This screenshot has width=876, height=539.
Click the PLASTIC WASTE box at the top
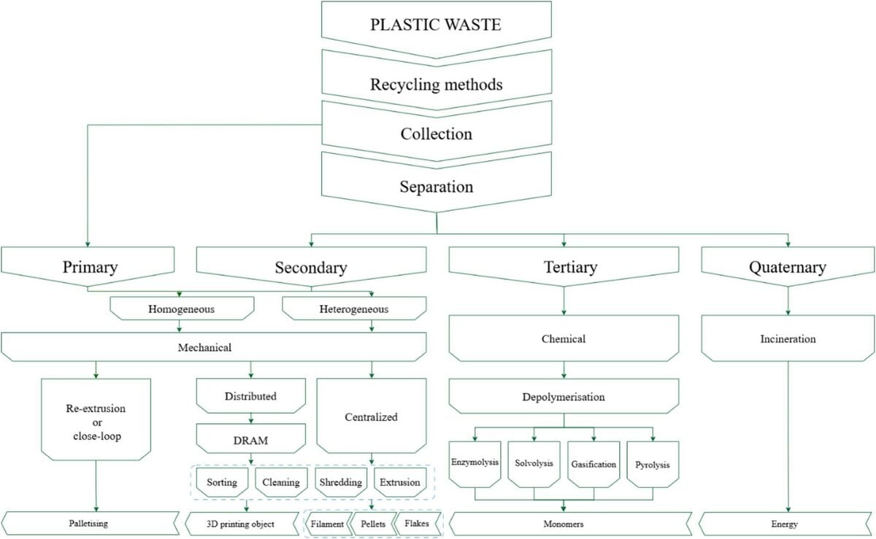[437, 24]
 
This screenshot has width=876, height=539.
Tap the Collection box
[437, 133]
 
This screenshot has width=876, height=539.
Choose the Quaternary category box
[787, 267]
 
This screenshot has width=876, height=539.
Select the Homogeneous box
[182, 309]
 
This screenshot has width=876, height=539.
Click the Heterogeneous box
[354, 309]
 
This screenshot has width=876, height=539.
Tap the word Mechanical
[204, 347]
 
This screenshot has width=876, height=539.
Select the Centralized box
[371, 417]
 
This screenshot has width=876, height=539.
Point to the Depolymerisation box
[564, 398]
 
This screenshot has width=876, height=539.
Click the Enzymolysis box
[474, 463]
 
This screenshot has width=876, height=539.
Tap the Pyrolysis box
[653, 463]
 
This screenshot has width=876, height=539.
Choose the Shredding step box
[342, 482]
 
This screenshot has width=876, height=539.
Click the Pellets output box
[372, 524]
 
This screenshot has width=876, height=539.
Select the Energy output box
[787, 524]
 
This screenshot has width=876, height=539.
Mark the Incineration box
[787, 340]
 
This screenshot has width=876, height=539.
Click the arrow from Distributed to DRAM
[251, 418]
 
